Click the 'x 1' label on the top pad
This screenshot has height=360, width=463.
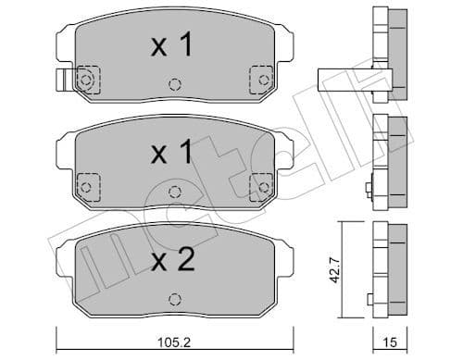pos(171,45)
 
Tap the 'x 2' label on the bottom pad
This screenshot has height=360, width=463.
pos(171,262)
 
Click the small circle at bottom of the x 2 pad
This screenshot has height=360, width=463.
pos(171,298)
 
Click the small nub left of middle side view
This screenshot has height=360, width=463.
pos(369,192)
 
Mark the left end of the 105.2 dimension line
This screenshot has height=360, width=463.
pos(59,333)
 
